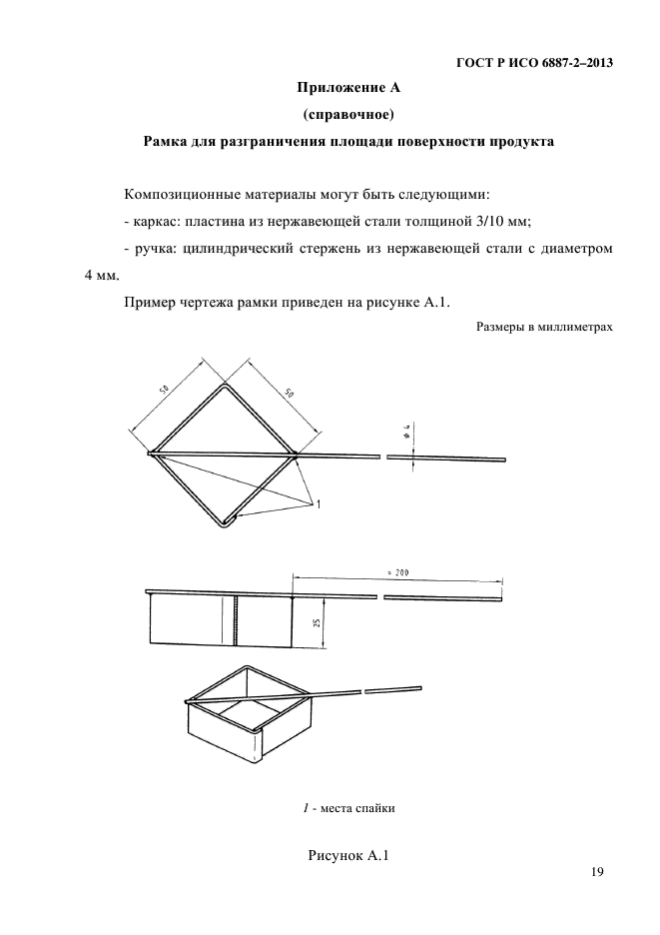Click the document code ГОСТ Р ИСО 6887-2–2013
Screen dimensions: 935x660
pos(533,64)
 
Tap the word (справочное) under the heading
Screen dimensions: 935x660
pos(348,116)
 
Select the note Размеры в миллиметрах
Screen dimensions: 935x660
pos(544,326)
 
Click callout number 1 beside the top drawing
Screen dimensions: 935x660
pos(319,505)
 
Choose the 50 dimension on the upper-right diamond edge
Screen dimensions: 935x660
pos(290,395)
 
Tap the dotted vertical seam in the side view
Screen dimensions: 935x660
pos(237,622)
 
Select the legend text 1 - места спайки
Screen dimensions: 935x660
pos(349,809)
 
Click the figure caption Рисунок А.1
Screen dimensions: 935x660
pos(349,855)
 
